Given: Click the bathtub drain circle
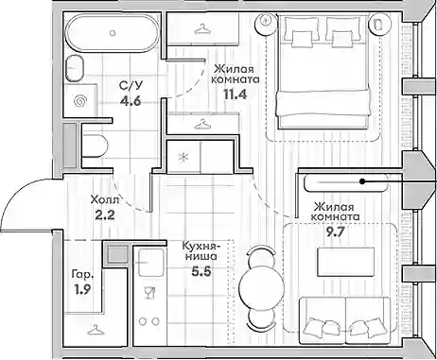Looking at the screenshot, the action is (x=113, y=33).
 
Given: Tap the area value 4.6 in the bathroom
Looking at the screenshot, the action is (x=130, y=101).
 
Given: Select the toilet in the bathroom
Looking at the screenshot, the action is (x=96, y=146).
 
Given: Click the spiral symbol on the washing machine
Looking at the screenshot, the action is (x=79, y=101).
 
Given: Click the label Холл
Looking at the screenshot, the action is (x=105, y=199).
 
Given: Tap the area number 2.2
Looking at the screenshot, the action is (x=104, y=215).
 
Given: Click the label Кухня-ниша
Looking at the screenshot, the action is (x=201, y=251).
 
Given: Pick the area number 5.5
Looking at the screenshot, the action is (x=201, y=271).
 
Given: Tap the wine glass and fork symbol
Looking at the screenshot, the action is (x=149, y=293).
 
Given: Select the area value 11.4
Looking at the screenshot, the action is (x=235, y=94).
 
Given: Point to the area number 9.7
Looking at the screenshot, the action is (x=335, y=231).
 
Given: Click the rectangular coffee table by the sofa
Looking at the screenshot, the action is (x=346, y=263).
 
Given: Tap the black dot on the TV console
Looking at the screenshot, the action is (x=362, y=181).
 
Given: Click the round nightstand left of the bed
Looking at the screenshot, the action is (x=267, y=23).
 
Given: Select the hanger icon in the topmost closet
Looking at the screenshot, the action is (x=202, y=29).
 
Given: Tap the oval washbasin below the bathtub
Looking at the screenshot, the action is (x=75, y=69).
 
